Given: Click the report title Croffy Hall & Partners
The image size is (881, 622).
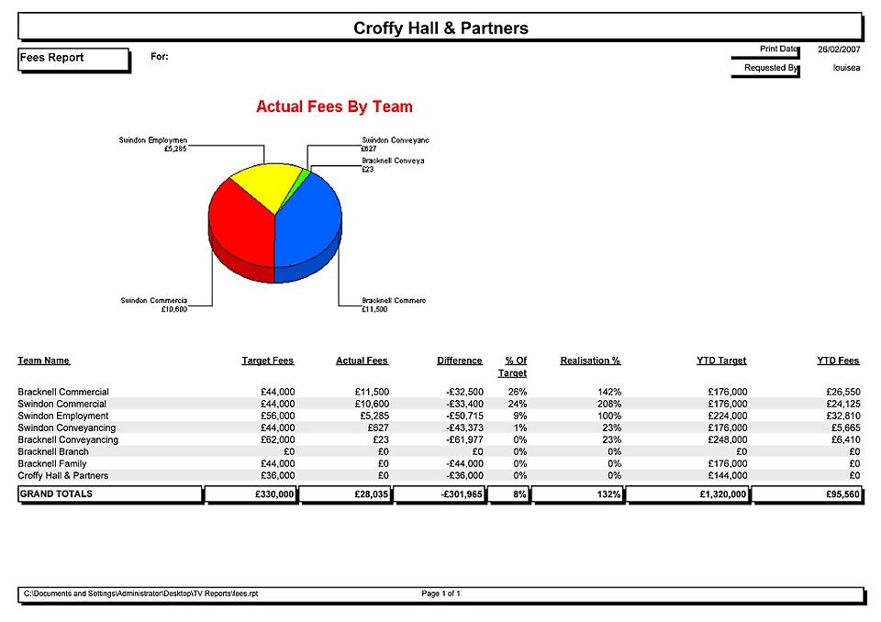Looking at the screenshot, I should [x=440, y=28].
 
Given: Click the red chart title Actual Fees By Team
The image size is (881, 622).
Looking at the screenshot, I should [x=334, y=107].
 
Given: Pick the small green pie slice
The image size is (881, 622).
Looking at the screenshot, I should [x=306, y=173].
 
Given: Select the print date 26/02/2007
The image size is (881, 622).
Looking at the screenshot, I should [x=839, y=50].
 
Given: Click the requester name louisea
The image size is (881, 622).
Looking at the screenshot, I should [x=845, y=68].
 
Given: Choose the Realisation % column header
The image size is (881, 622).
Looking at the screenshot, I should [x=590, y=361].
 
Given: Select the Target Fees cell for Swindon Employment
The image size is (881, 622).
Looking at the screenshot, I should [x=276, y=417].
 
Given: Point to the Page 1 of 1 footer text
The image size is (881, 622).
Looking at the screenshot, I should [x=440, y=594].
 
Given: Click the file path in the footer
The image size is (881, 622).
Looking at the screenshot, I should [x=140, y=594].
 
